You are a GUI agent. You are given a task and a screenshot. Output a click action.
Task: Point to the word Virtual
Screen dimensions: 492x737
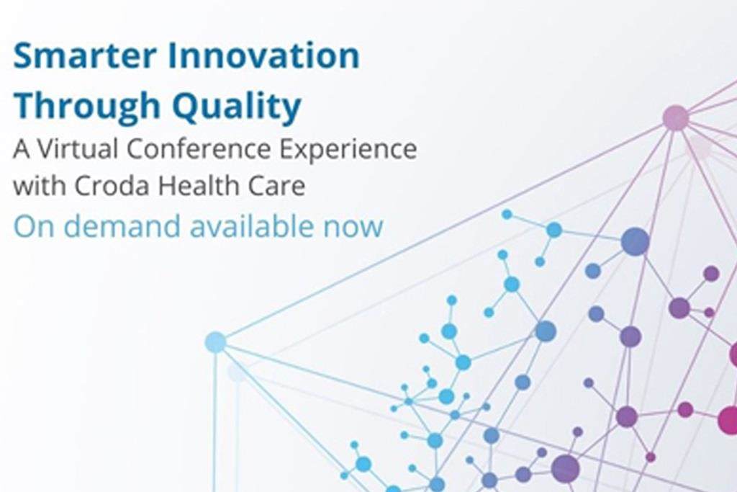[76, 149]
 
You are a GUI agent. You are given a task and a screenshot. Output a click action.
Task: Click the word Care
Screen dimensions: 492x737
[275, 187]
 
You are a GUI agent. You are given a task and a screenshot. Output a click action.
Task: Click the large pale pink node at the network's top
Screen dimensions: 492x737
[675, 117]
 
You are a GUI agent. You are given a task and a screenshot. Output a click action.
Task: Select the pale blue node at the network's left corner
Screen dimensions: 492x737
[215, 342]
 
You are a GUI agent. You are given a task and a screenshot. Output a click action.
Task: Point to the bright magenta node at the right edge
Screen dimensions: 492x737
[728, 420]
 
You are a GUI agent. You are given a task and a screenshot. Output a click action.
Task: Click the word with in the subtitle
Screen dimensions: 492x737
[38, 187]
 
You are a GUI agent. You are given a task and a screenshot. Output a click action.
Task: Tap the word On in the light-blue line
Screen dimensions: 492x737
[30, 226]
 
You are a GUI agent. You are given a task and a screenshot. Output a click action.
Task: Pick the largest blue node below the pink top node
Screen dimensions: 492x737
[635, 241]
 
